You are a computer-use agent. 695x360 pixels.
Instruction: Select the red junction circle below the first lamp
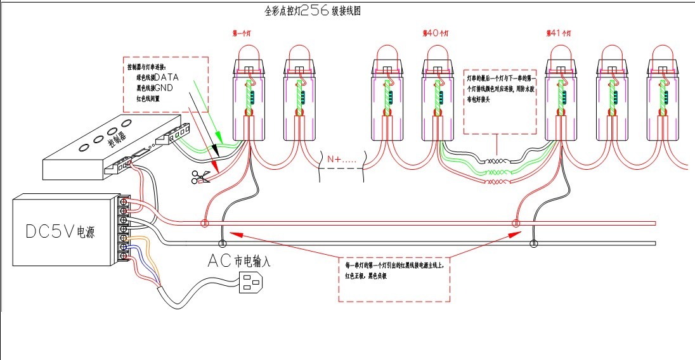(x=204, y=223)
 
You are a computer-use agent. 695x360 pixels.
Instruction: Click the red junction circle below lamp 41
(x=516, y=223)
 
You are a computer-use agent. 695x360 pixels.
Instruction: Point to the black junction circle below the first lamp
(x=223, y=243)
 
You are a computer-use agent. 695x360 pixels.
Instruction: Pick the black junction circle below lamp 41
(x=534, y=243)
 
